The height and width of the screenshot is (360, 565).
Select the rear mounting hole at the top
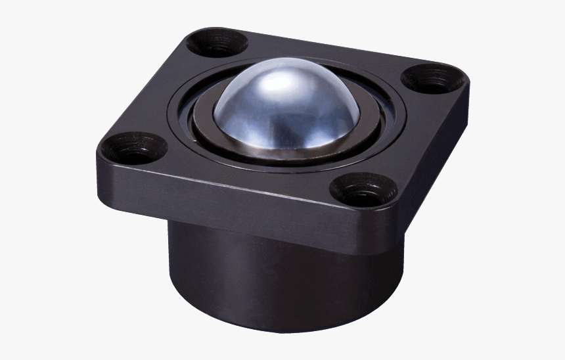coord(216,44)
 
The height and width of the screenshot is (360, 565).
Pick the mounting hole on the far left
coord(133,148)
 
